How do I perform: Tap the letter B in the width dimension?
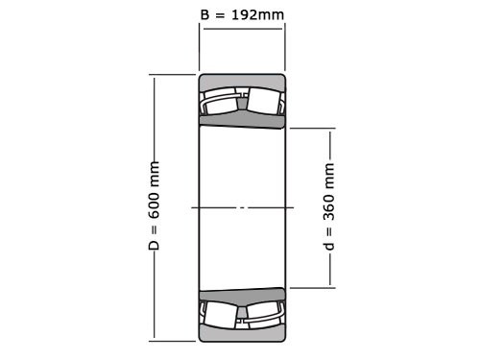[204, 14]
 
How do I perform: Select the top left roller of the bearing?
[221, 101]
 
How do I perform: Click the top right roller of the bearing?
[264, 101]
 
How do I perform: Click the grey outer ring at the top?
[242, 81]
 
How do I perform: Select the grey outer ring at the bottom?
[242, 333]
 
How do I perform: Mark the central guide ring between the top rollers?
[243, 99]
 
